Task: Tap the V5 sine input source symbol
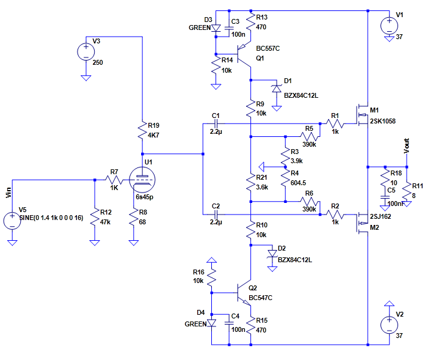point(12,219)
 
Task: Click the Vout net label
point(406,146)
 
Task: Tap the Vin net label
point(8,194)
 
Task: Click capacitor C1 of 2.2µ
point(215,124)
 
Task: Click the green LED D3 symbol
point(216,28)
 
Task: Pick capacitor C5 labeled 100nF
point(383,198)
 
